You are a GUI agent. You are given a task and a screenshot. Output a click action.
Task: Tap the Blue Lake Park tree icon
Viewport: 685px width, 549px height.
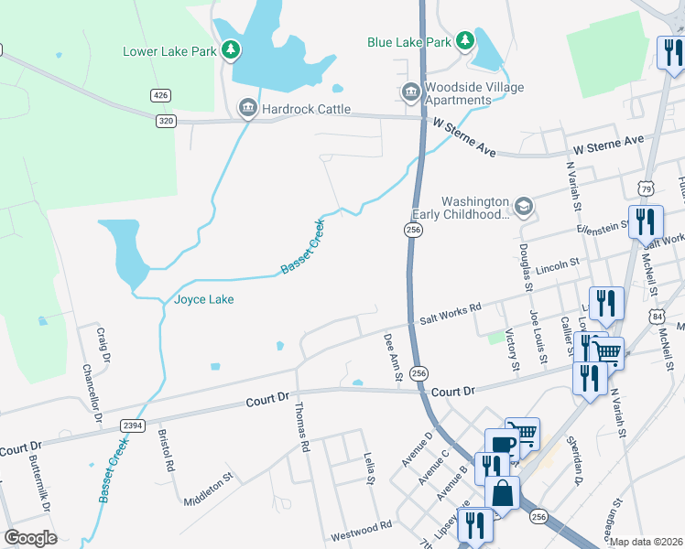[x=465, y=40]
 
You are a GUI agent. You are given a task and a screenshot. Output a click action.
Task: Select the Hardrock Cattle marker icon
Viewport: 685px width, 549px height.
[x=247, y=109]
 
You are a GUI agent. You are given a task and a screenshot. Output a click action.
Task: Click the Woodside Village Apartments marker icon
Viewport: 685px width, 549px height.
[x=409, y=91]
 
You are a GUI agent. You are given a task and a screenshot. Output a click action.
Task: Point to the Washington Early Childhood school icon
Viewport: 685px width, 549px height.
[x=523, y=207]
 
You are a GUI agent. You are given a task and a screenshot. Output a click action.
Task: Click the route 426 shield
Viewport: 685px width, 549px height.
[x=161, y=95]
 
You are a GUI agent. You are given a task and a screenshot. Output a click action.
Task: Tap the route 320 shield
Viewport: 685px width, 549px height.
[x=166, y=120]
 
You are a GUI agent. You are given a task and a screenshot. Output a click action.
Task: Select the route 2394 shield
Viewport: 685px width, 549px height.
[x=134, y=425]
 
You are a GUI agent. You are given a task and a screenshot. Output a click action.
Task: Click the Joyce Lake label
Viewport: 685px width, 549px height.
[x=203, y=299]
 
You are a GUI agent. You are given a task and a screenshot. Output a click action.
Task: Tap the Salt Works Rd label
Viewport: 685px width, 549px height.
[x=451, y=314]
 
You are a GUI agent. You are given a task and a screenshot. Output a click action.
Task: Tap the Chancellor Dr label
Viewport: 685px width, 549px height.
[x=92, y=394]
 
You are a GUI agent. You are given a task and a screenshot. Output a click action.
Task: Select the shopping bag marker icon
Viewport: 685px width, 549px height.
[x=502, y=493]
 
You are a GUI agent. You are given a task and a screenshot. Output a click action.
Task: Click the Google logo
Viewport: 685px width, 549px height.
[x=30, y=538]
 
